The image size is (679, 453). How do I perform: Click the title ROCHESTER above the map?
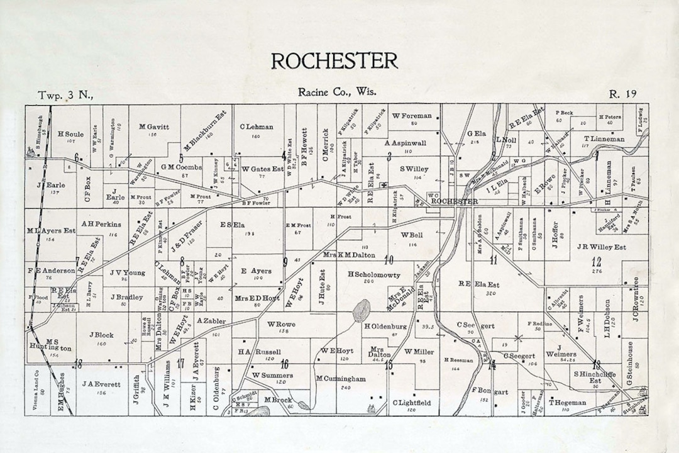tap(334, 60)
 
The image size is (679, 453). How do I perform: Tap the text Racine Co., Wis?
tap(338, 92)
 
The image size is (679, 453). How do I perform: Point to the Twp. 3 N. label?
tap(65, 95)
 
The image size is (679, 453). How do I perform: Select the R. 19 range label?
tap(622, 94)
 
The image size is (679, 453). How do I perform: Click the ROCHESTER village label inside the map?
tap(455, 201)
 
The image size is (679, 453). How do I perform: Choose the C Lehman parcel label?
tap(257, 126)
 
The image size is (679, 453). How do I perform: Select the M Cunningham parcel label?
tap(341, 379)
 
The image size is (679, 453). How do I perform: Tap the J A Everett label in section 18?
tap(101, 383)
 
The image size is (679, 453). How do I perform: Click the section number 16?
tap(284, 364)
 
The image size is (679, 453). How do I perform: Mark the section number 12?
tap(596, 262)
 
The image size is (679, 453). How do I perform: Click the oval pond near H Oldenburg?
tap(361, 310)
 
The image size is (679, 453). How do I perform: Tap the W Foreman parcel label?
tap(412, 115)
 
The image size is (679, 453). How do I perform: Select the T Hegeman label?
tap(567, 402)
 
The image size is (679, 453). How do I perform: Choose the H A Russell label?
tap(259, 351)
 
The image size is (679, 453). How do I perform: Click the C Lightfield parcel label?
tap(412, 402)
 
